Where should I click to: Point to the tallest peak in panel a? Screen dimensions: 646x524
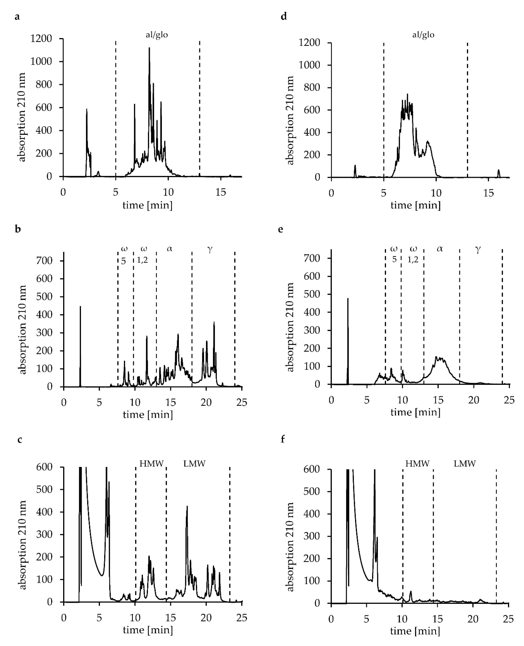149,48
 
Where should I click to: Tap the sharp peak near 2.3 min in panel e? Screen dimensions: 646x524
348,299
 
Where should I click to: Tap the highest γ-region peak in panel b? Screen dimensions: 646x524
214,322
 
